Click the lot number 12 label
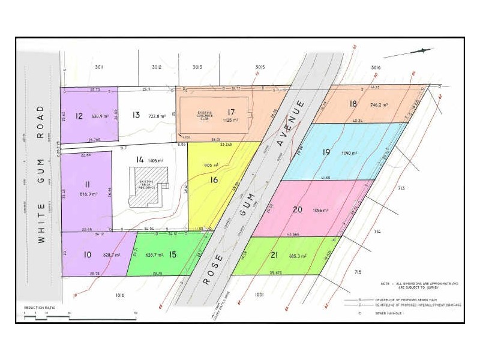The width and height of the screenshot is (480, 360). pyautogui.click(x=79, y=116)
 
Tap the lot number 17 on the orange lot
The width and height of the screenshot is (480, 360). pyautogui.click(x=230, y=112)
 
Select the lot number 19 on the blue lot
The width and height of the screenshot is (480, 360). pyautogui.click(x=326, y=152)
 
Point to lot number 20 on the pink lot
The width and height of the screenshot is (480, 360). pyautogui.click(x=297, y=209)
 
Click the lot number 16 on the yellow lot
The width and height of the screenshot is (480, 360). pyautogui.click(x=214, y=179)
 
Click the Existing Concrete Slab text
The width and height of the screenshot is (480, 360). pyautogui.click(x=206, y=115)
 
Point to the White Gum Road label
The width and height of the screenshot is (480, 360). pyautogui.click(x=41, y=174)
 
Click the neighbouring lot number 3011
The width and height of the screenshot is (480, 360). pyautogui.click(x=99, y=67)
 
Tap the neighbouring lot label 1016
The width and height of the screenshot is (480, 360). pyautogui.click(x=118, y=295)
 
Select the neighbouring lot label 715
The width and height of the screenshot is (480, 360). pyautogui.click(x=358, y=272)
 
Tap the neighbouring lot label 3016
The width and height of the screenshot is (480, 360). pyautogui.click(x=376, y=67)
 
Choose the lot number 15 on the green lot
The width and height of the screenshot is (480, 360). pyautogui.click(x=172, y=255)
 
